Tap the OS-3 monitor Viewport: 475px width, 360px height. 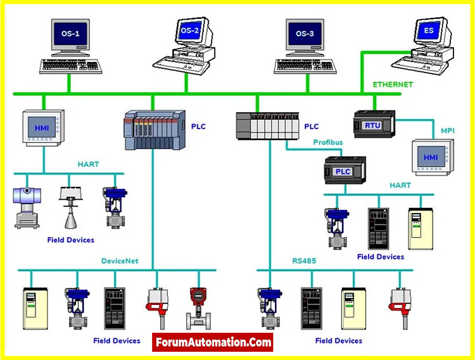click(304, 35)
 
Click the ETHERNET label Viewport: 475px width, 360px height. click(392, 84)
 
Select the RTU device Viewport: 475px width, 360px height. click(373, 125)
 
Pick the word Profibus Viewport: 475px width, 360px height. click(328, 143)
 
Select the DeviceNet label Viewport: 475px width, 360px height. click(120, 260)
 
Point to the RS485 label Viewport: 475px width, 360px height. click(304, 260)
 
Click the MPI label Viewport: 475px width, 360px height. click(447, 131)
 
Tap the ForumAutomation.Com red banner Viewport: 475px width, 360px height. click(213, 343)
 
